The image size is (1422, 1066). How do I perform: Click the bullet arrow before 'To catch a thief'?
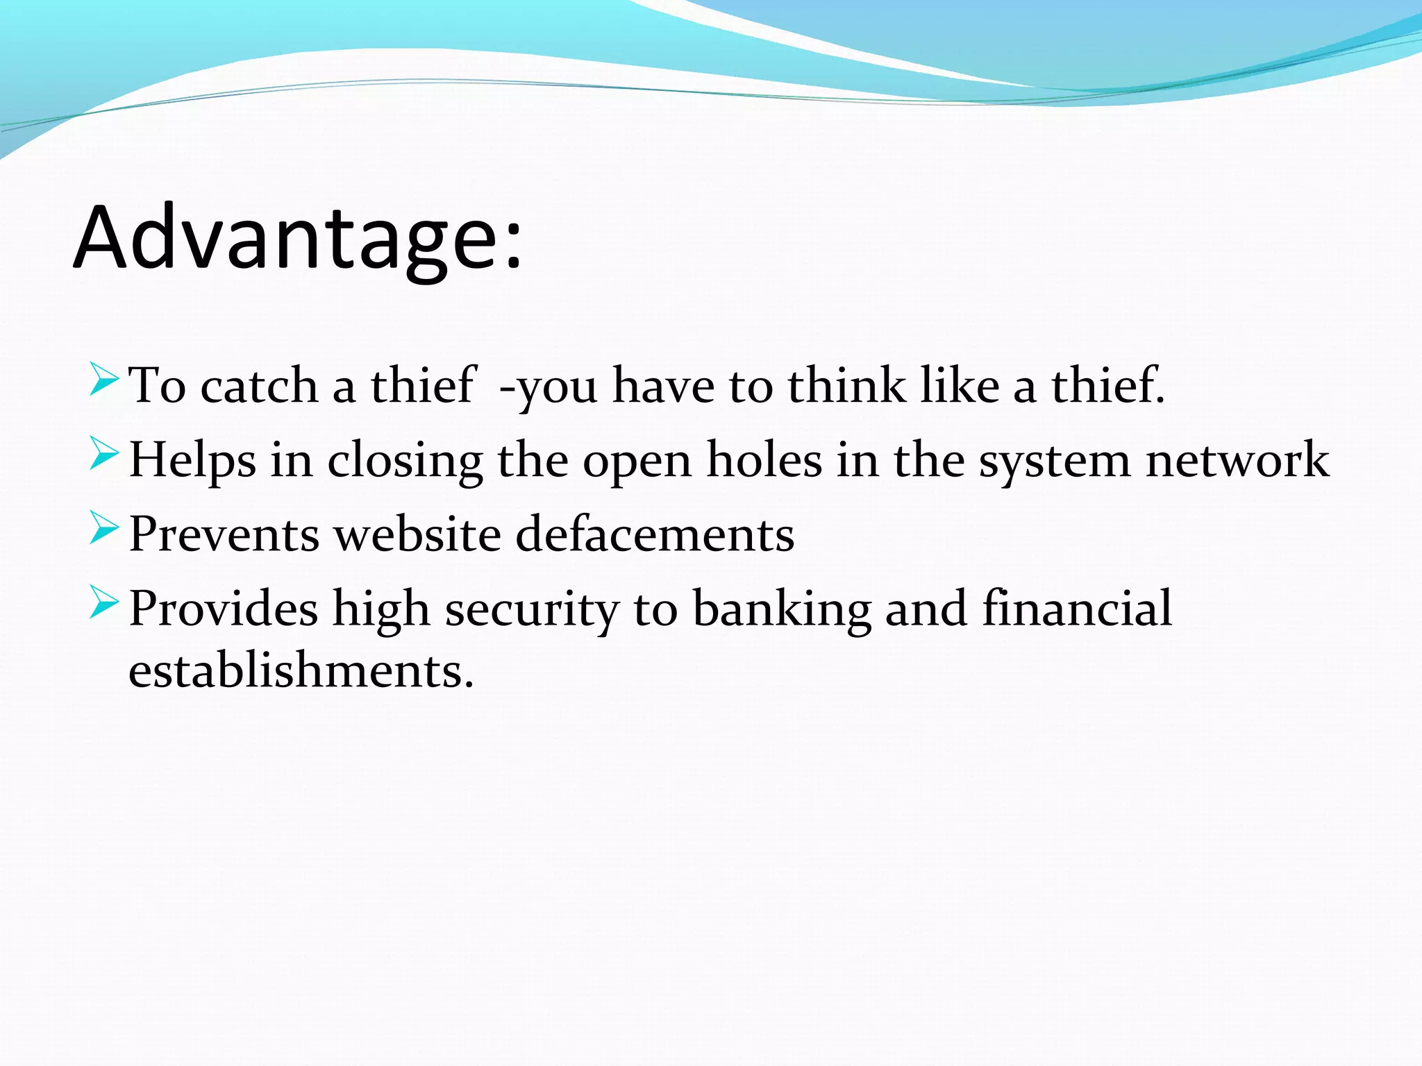pos(104,380)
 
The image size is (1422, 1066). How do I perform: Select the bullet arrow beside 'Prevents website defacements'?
pos(104,528)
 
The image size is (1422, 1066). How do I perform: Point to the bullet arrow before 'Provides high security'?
pos(104,602)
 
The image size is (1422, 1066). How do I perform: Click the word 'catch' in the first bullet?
pos(258,386)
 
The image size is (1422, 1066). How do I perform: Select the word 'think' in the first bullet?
pos(846,386)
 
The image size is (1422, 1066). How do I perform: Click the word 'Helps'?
pos(192,461)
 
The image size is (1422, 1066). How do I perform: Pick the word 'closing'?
pos(405,461)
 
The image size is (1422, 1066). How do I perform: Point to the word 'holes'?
pos(764,461)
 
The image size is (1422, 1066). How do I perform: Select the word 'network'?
pos(1237,461)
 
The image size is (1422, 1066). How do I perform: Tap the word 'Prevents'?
pos(224,535)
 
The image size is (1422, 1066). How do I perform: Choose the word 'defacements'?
pos(655,535)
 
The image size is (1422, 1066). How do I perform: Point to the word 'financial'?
pos(1077,609)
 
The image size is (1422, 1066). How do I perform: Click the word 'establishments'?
pos(301,672)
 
